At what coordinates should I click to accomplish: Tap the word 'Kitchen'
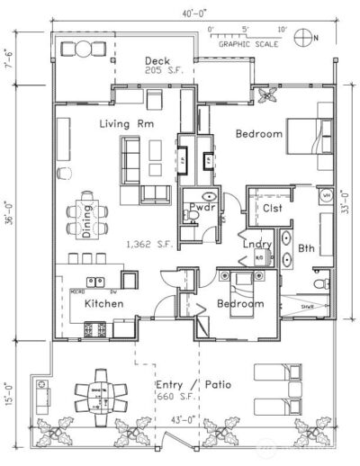(103, 304)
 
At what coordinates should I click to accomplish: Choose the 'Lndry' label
(257, 243)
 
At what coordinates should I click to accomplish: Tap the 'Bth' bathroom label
(307, 249)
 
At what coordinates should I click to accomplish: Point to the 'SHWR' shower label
(308, 307)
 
